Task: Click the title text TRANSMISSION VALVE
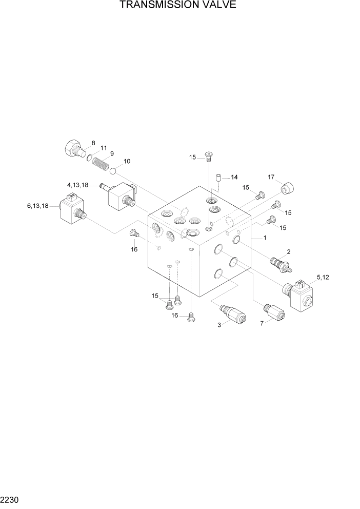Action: coord(178,6)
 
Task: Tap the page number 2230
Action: coord(11,499)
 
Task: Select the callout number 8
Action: coord(93,143)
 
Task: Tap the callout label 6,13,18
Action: coord(38,206)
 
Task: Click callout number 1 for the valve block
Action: coord(264,238)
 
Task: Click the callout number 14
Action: coord(234,178)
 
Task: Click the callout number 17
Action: coord(272,178)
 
